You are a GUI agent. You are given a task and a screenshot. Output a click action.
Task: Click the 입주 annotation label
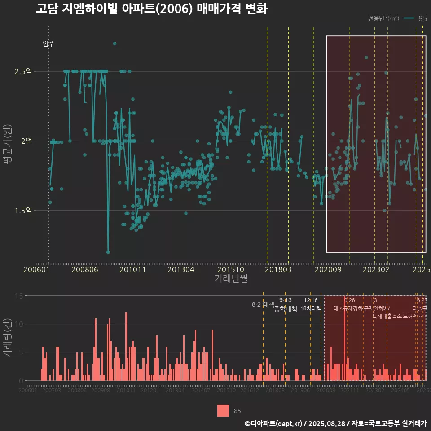pos(48,44)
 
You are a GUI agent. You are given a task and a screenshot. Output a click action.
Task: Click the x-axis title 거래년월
pos(231,279)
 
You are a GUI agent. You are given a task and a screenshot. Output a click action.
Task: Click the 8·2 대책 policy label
pos(263,304)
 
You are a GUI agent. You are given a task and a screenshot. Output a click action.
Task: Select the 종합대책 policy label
pos(286,309)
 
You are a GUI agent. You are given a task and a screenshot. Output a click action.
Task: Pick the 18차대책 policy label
pos(311,308)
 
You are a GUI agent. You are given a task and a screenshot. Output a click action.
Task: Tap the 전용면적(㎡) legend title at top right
pos(383,18)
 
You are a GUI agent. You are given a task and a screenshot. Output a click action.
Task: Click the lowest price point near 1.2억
pos(108,252)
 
